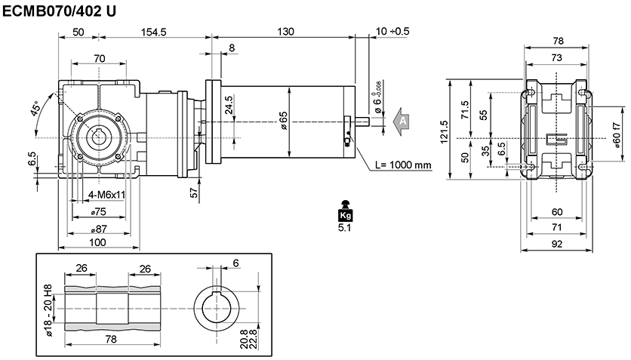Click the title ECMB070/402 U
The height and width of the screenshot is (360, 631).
point(59,11)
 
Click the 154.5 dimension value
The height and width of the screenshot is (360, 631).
point(154,32)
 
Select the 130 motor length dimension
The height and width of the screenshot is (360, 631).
point(285,32)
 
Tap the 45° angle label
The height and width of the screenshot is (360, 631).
point(35,108)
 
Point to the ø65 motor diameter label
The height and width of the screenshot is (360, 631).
point(283,121)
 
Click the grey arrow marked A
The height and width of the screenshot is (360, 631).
point(401,121)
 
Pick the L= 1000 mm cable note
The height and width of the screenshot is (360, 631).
point(403,165)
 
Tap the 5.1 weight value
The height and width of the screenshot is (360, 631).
point(345,228)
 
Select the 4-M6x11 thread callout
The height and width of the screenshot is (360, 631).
point(106,195)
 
